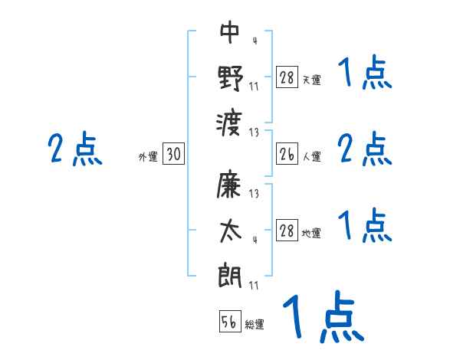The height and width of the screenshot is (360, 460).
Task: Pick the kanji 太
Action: (230, 230)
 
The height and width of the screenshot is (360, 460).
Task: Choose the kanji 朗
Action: (230, 275)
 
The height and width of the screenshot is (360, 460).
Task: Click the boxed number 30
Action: (173, 155)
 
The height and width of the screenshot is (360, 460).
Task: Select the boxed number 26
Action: (287, 155)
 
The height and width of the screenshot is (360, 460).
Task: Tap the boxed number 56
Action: (230, 322)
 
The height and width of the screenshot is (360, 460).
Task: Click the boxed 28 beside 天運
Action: (287, 77)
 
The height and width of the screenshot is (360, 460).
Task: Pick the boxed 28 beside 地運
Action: (287, 231)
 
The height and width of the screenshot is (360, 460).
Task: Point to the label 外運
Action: (148, 157)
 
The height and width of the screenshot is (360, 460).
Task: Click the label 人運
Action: (311, 157)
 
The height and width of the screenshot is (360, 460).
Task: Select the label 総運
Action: (255, 325)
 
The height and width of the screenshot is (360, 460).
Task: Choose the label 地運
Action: (311, 233)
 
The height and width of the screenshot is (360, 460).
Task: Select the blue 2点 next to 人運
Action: (365, 149)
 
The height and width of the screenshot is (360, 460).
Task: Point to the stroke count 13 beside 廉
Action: (254, 194)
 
